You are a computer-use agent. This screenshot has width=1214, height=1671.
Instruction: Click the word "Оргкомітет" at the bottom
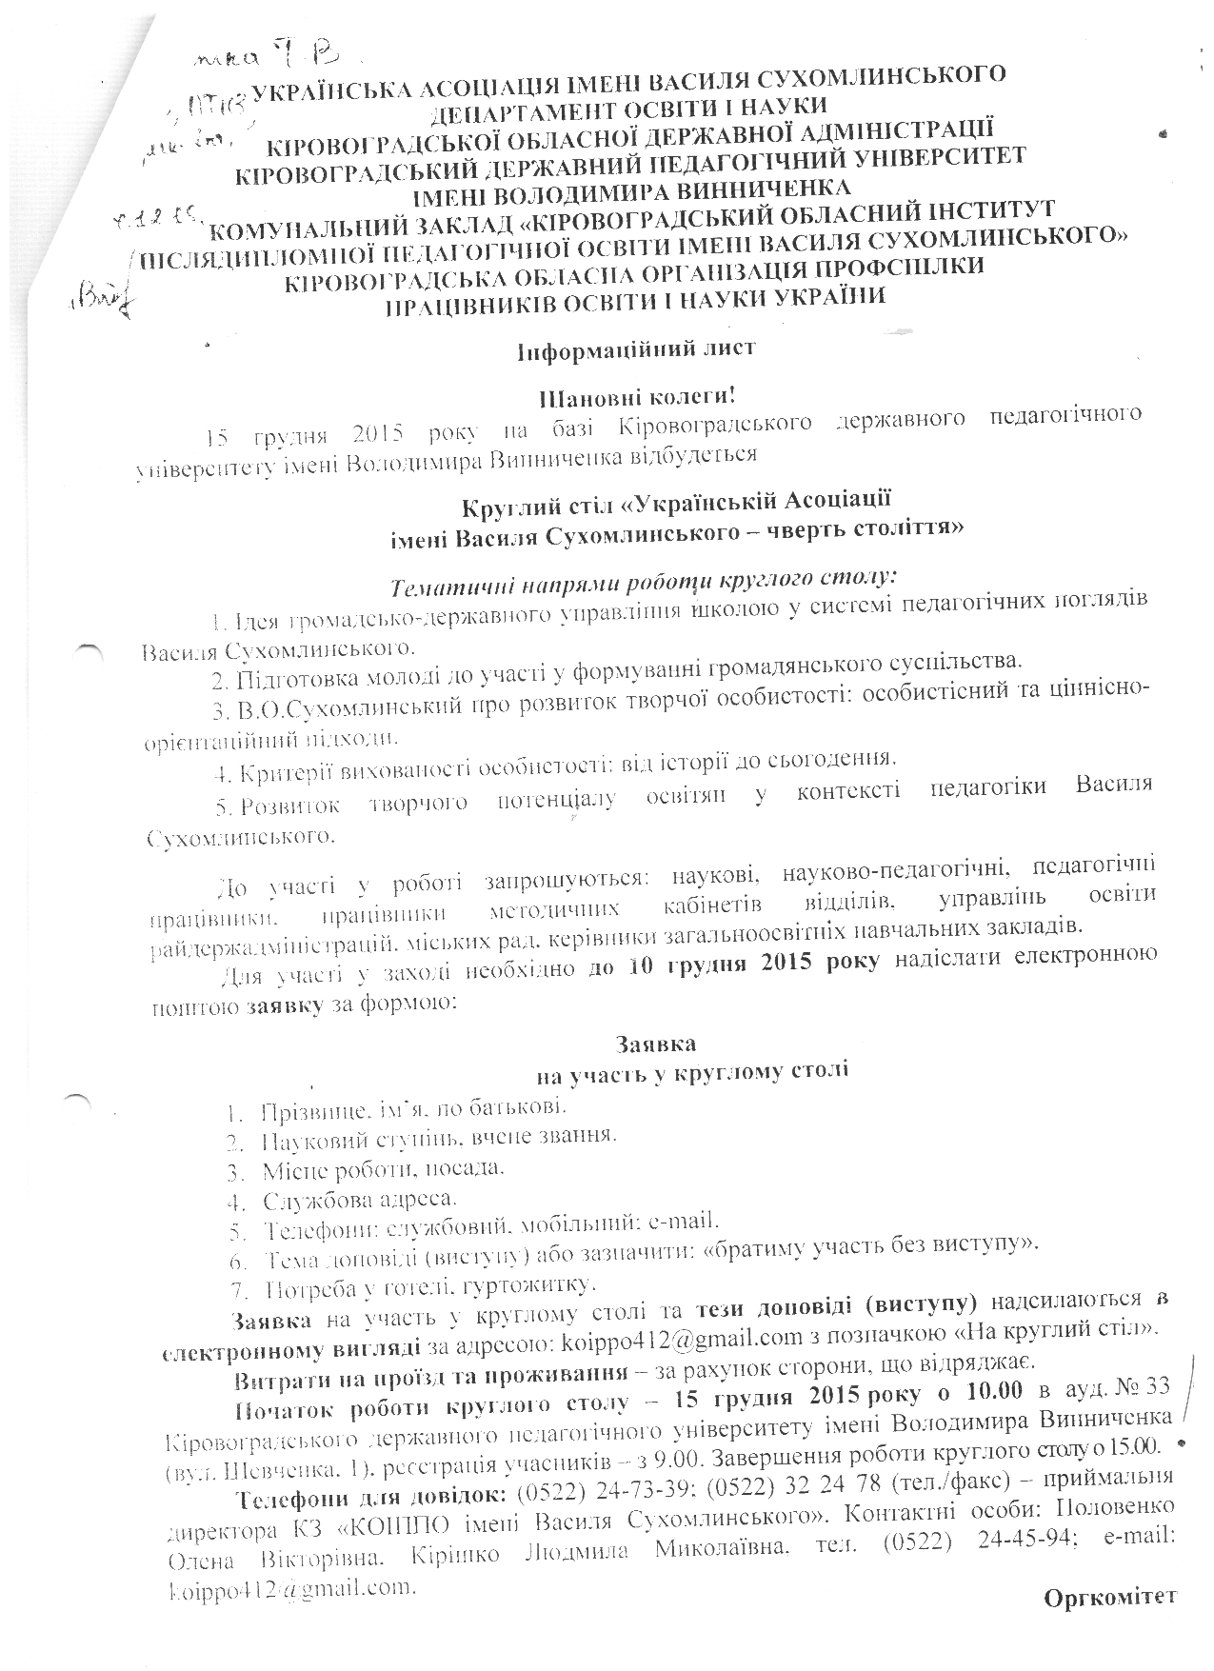pyautogui.click(x=1110, y=1597)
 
